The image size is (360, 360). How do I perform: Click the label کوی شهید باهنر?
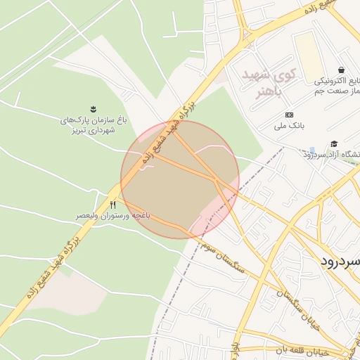(269, 82)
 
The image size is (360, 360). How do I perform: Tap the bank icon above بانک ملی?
(288, 115)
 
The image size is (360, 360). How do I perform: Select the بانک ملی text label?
(288, 127)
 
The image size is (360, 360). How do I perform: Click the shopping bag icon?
(341, 70)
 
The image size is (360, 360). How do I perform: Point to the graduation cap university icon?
(333, 143)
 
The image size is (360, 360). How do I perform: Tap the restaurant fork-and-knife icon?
(113, 204)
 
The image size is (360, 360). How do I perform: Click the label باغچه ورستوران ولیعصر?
(113, 216)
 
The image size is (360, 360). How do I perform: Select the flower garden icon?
(93, 108)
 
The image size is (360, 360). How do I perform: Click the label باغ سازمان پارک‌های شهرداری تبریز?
(93, 125)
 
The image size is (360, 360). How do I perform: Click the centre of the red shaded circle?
(180, 180)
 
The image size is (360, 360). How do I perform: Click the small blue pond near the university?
(311, 150)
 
